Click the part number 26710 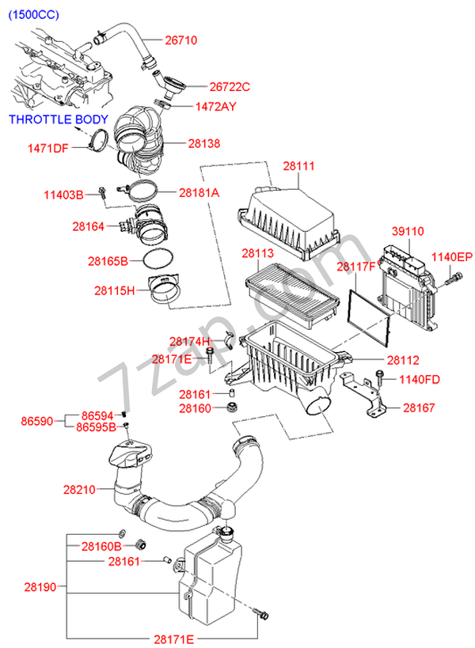(181, 40)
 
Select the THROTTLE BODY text (59, 119)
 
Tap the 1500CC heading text (34, 14)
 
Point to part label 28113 (257, 253)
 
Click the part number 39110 (408, 231)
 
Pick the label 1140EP (452, 257)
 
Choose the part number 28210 (79, 490)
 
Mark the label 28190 (40, 587)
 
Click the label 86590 (37, 422)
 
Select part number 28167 (419, 408)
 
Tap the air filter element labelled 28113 (293, 296)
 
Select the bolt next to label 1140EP (454, 279)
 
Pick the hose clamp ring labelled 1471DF (98, 139)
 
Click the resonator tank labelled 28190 (210, 579)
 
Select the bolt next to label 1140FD (379, 377)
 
